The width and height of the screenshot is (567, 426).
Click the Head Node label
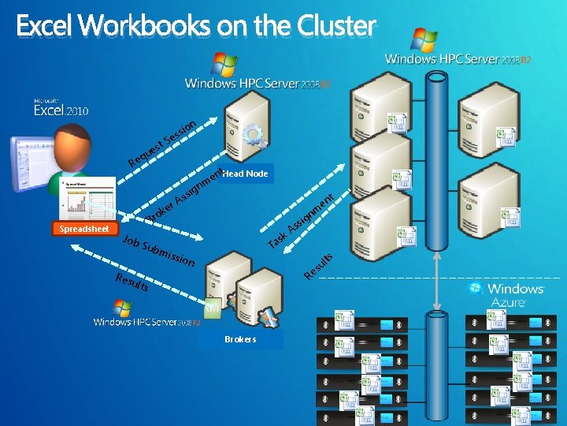coord(245,174)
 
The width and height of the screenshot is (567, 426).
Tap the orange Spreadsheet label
coord(83,229)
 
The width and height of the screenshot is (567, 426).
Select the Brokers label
coord(240,339)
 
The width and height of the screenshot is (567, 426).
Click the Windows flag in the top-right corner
coord(424,39)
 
